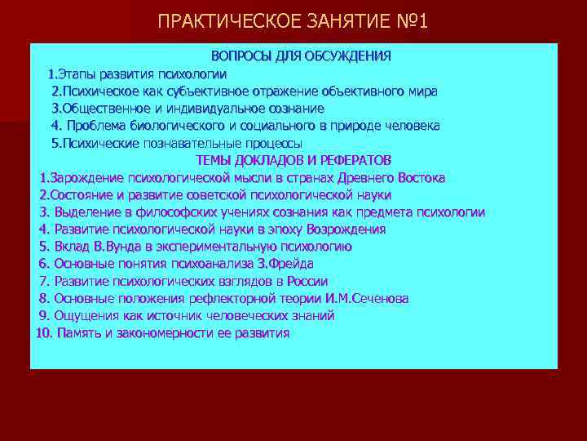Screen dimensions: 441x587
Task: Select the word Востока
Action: tap(419, 177)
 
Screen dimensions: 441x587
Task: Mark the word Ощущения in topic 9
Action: tap(85, 315)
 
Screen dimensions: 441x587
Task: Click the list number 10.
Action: tap(44, 333)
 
